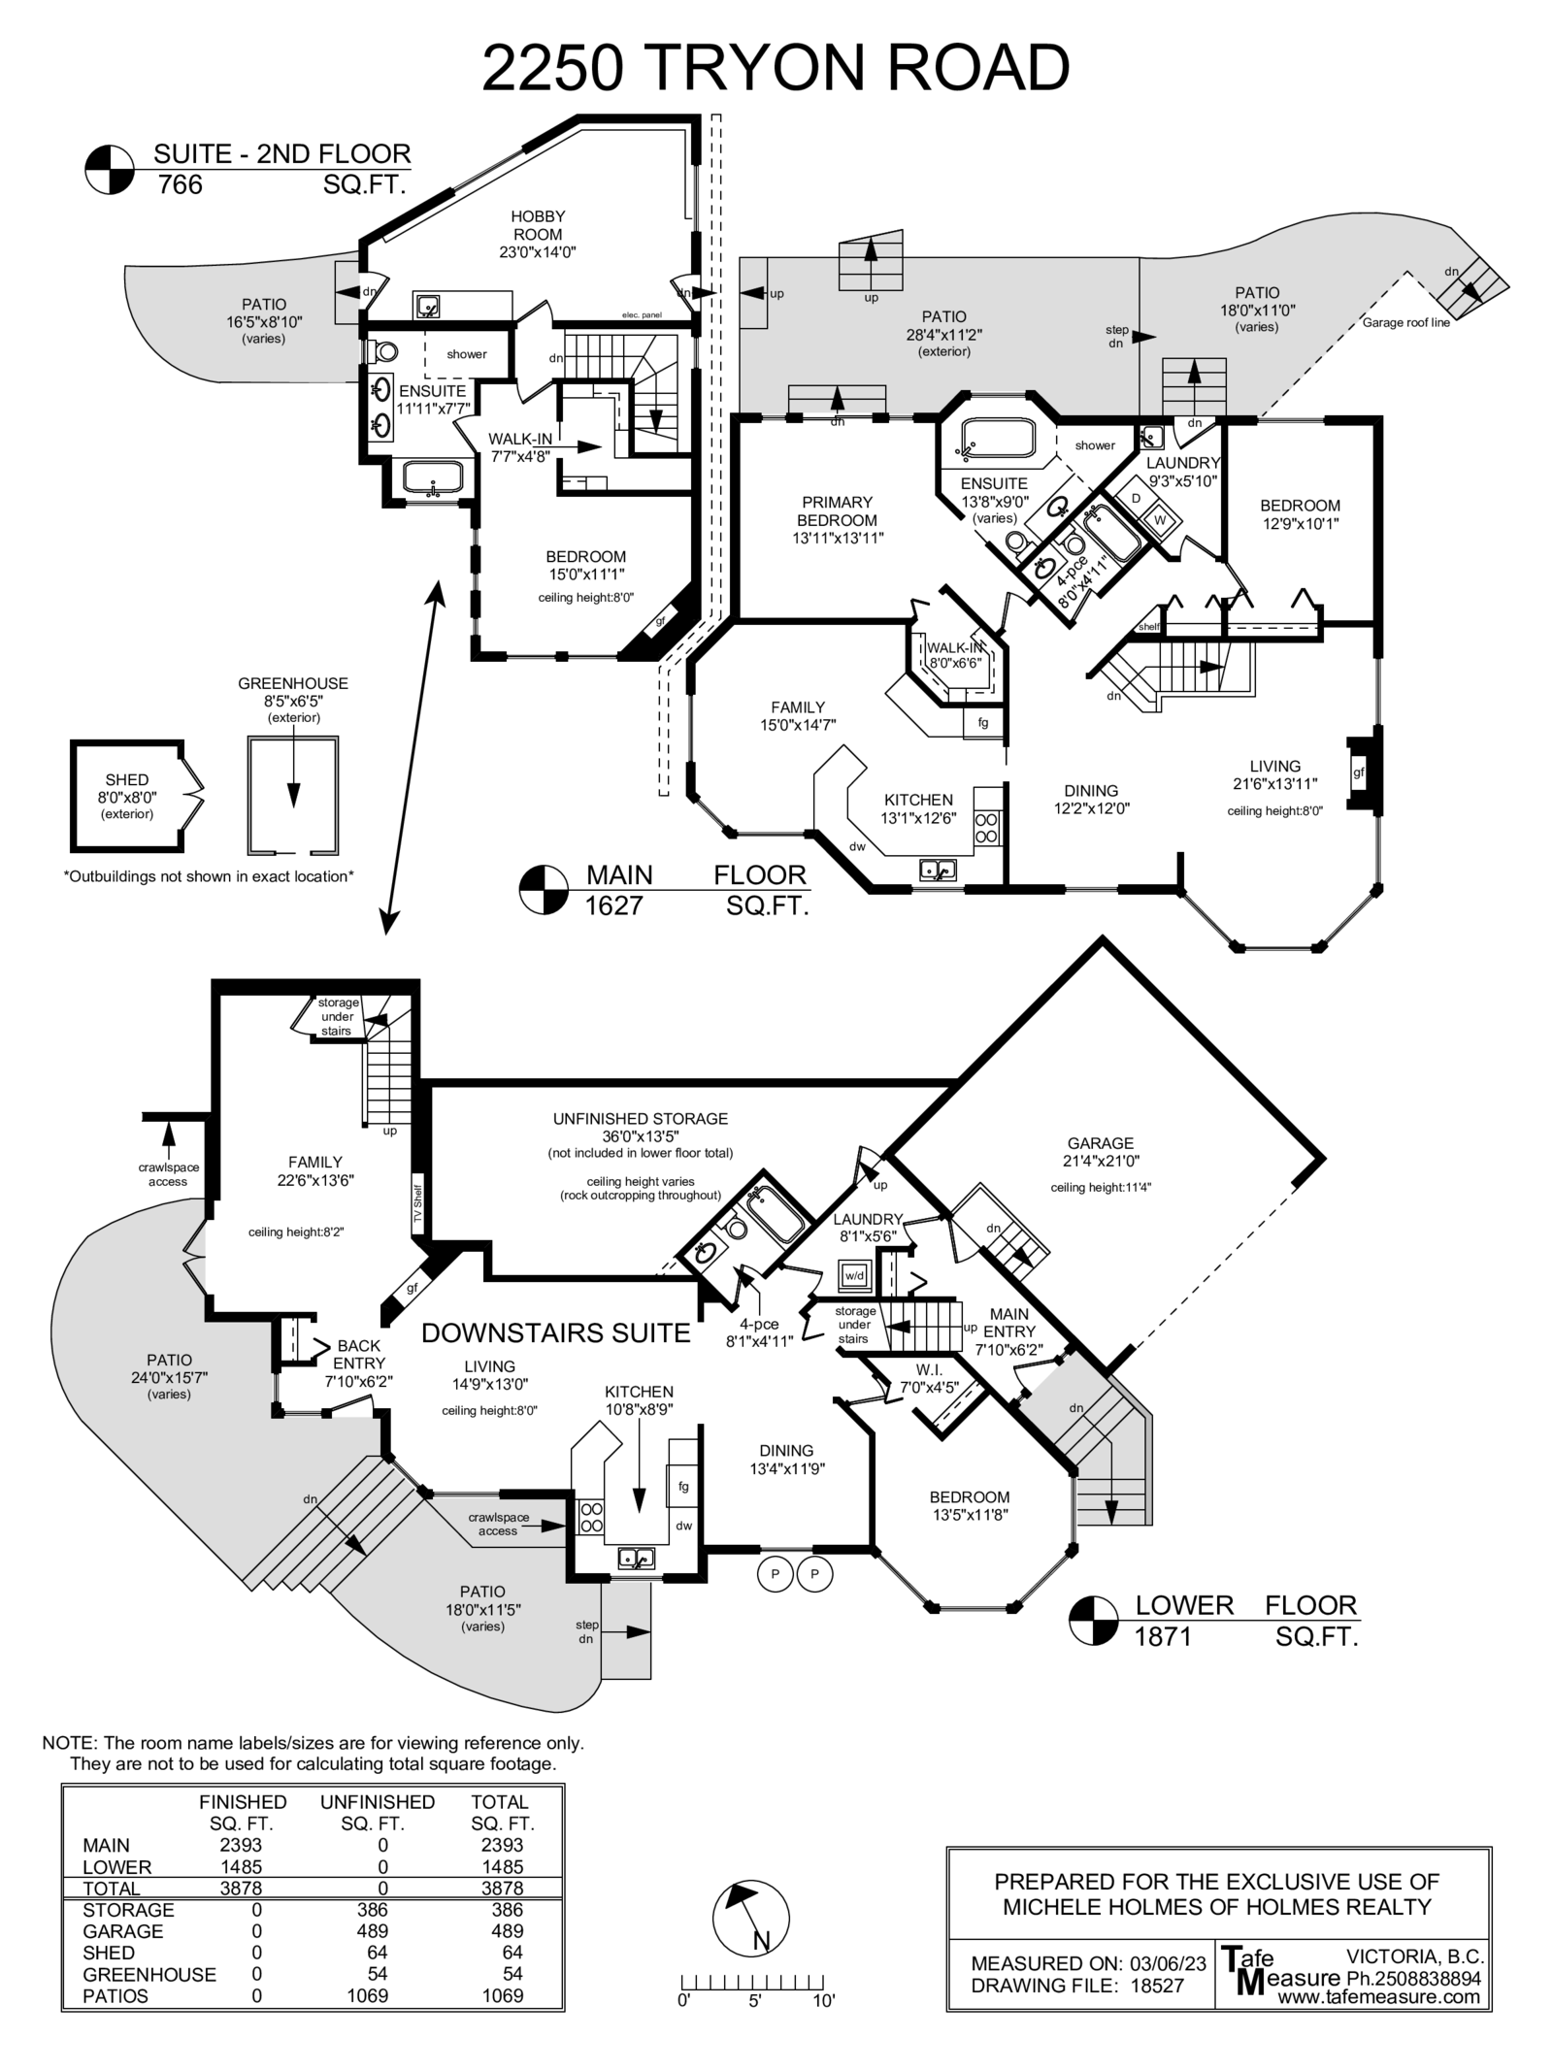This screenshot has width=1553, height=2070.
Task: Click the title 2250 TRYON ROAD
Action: coord(776,68)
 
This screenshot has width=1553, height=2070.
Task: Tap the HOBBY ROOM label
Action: coord(537,225)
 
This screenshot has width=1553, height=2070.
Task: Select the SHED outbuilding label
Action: coord(127,780)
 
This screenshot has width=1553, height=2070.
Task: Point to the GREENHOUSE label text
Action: coord(293,684)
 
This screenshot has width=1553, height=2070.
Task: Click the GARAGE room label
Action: coord(1101,1143)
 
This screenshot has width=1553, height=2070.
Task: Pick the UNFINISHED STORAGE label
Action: coord(641,1119)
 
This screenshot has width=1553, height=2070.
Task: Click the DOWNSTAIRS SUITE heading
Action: coord(556,1333)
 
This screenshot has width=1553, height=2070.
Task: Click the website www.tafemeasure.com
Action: coord(1378,1997)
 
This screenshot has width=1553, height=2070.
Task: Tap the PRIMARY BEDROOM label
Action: coord(837,510)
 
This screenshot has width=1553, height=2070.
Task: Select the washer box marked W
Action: coord(1159,520)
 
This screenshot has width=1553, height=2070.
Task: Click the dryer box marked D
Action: coord(1136,498)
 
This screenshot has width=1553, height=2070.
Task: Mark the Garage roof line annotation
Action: coord(1405,323)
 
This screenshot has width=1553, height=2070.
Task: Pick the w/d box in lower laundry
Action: coord(854,1275)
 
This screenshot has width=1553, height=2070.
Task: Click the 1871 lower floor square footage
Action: coord(1163,1637)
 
